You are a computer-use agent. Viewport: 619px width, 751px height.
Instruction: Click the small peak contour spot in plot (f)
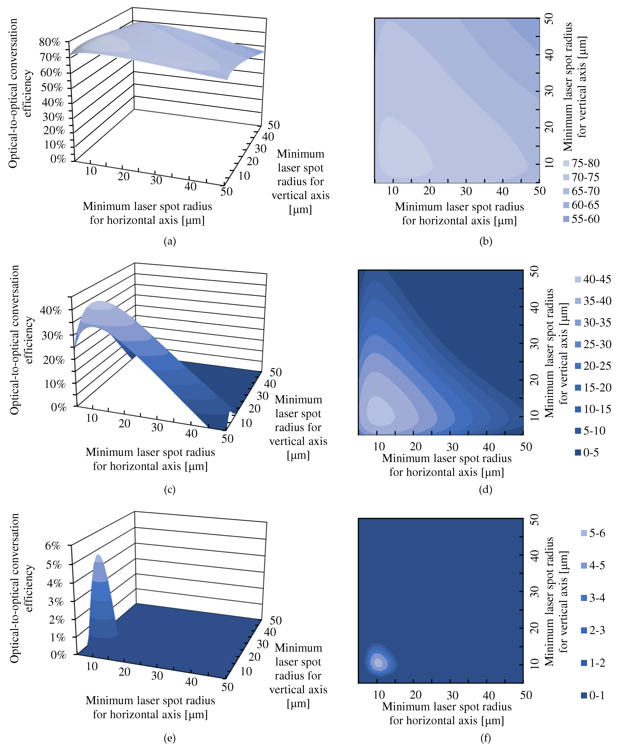pyautogui.click(x=378, y=663)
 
